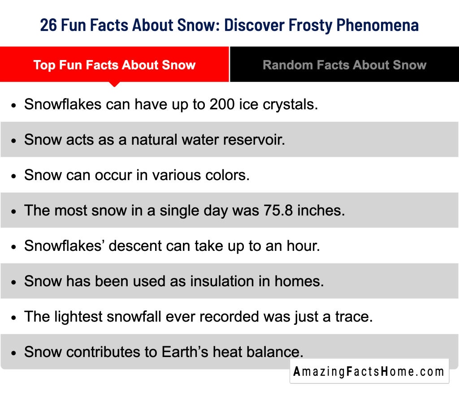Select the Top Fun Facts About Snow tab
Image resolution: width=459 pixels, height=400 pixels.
click(x=114, y=65)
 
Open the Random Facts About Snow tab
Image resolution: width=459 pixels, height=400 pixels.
click(x=344, y=65)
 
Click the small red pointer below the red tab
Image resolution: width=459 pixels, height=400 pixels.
click(x=115, y=84)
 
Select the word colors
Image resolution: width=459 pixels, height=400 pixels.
click(x=226, y=175)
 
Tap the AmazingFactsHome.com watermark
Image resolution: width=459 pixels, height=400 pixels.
click(x=369, y=371)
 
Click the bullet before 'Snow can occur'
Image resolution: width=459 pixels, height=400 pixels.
click(x=14, y=176)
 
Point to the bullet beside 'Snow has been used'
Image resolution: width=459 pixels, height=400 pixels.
click(x=14, y=282)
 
